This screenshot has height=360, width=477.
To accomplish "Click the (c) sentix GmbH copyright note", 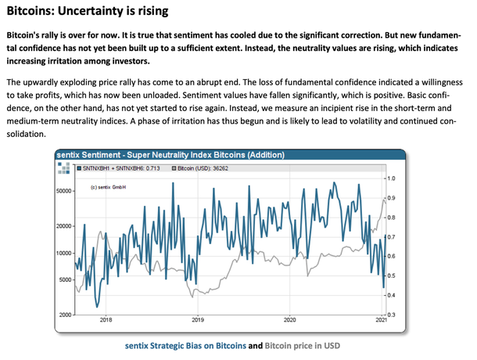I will click(x=109, y=187).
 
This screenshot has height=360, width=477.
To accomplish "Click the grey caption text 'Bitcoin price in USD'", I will click(x=301, y=344).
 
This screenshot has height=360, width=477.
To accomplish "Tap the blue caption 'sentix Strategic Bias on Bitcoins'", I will click(x=185, y=344).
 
